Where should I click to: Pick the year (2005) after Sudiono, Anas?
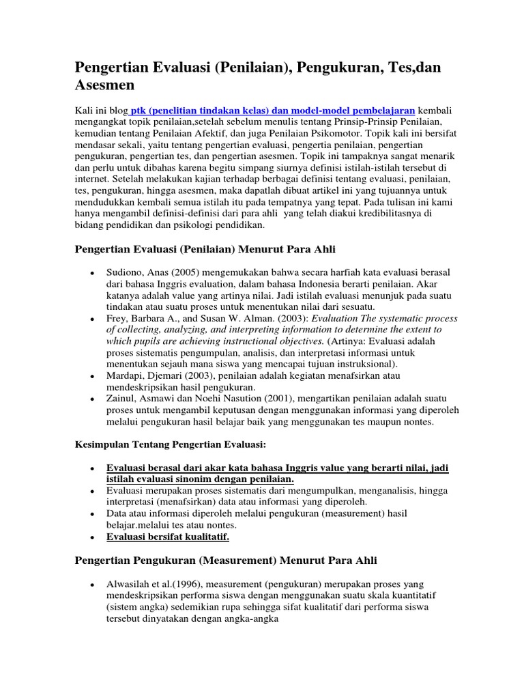[x=194, y=273]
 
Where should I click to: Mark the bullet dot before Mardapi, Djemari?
[x=91, y=376]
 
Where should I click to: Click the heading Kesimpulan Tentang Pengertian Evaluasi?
[x=169, y=444]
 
